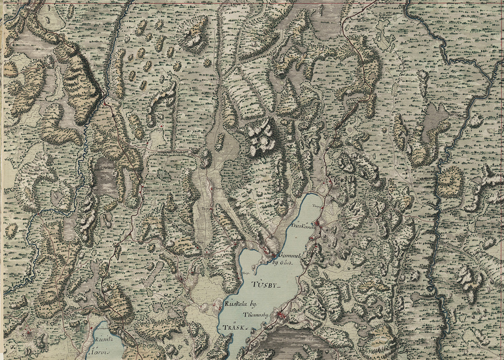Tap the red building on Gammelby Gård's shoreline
point(273,255)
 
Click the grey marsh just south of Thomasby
point(294,338)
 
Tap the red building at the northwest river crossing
point(105,103)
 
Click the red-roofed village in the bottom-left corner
point(28,334)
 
